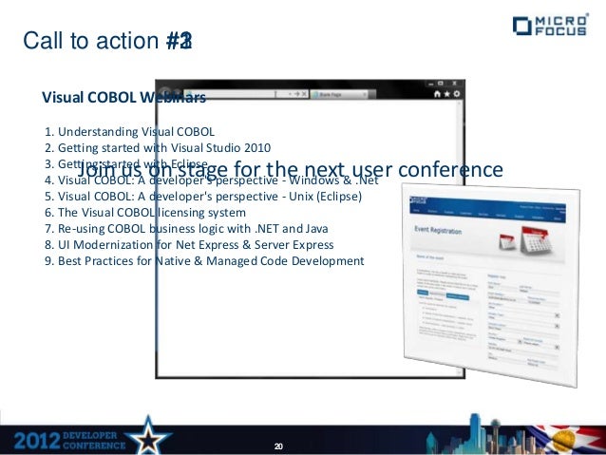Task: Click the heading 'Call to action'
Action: tap(90, 41)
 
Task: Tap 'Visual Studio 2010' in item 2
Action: tap(223, 147)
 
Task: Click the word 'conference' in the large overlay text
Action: tap(445, 170)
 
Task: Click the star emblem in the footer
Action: tap(151, 436)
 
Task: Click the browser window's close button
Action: tap(457, 94)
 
